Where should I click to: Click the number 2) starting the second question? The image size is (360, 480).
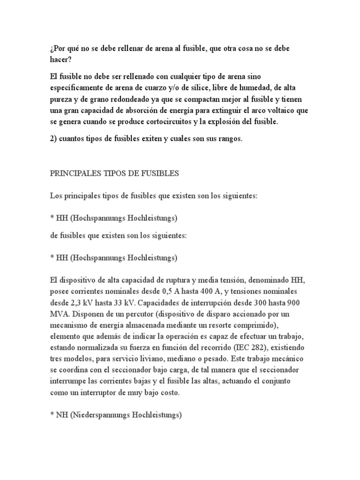(54, 140)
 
